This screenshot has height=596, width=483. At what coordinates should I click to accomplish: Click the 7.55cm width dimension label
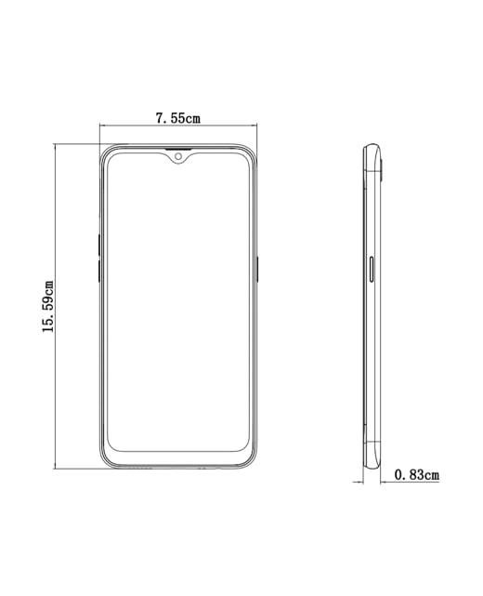(x=177, y=118)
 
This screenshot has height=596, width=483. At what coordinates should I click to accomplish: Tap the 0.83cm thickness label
(x=416, y=475)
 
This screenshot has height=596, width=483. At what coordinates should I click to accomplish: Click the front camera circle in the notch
(x=178, y=156)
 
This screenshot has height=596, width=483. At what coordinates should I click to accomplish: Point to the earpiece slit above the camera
(x=178, y=148)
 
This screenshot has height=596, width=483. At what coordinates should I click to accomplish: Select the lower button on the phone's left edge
(x=98, y=271)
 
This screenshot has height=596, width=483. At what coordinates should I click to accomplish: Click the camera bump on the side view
(x=382, y=167)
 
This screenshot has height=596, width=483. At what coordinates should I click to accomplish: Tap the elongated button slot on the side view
(x=372, y=268)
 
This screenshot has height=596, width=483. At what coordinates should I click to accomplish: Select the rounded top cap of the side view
(x=372, y=149)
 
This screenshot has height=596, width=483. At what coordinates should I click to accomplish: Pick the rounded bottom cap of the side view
(x=372, y=460)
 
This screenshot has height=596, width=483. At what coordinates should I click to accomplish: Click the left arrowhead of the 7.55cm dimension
(x=102, y=125)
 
